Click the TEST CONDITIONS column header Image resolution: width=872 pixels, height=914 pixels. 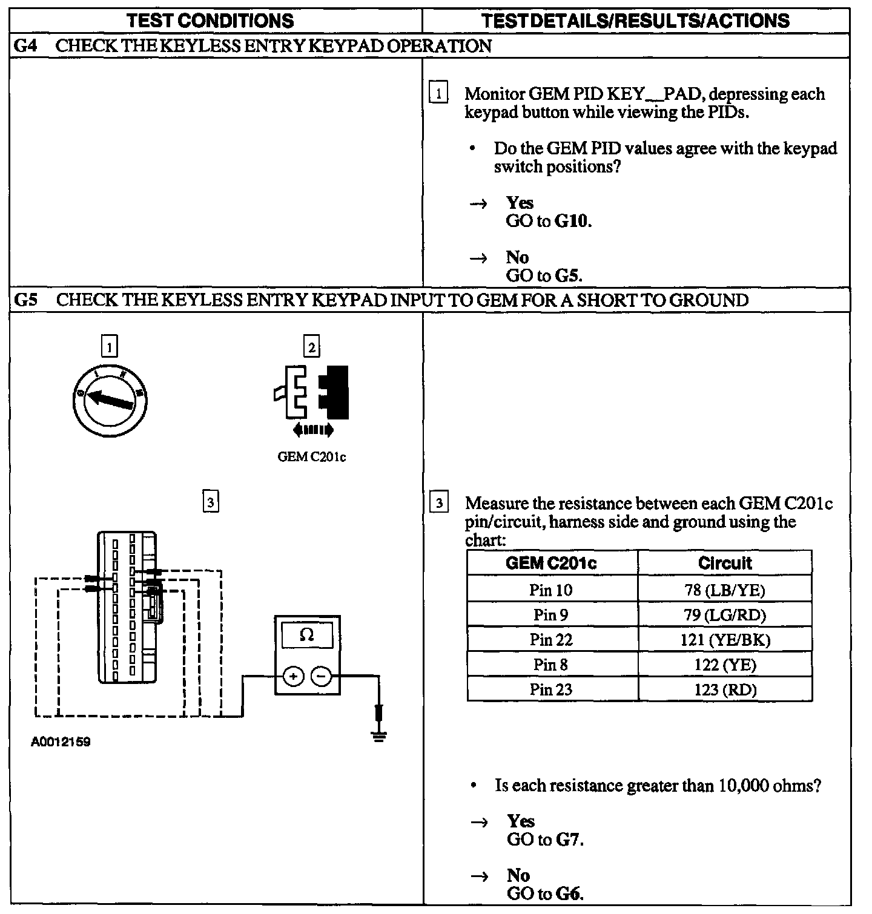point(211,21)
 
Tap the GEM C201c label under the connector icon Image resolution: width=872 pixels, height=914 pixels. point(311,457)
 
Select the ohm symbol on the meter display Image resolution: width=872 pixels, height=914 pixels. point(307,636)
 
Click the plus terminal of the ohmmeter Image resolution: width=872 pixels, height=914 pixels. point(293,676)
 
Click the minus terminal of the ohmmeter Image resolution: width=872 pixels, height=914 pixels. point(322,676)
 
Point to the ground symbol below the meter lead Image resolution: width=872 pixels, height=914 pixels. point(379,735)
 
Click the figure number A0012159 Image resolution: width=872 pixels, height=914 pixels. point(61,742)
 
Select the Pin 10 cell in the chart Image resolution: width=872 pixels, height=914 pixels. point(550,590)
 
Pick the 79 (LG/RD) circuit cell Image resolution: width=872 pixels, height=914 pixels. point(724,615)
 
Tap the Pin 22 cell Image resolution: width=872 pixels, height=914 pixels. point(550,640)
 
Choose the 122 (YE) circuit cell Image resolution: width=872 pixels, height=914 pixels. point(724,665)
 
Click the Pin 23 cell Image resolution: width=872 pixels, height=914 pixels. point(550,689)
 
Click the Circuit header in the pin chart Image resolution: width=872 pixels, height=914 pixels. point(724,564)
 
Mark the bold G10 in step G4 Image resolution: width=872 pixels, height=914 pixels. point(572,221)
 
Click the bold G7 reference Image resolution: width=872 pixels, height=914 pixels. point(569,840)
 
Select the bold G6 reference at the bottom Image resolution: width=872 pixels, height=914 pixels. point(569,893)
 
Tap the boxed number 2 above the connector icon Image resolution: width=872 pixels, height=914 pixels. point(311,347)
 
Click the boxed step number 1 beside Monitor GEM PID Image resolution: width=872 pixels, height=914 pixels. point(438,94)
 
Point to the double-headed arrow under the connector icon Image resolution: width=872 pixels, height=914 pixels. point(312,430)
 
